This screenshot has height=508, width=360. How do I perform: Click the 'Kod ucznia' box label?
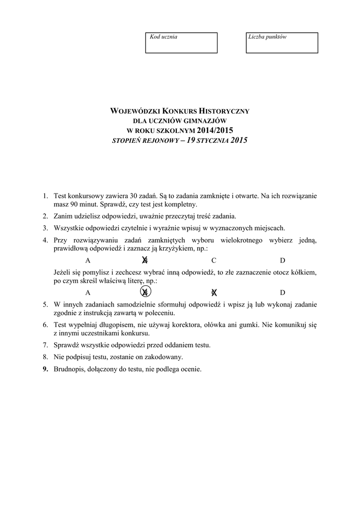[x=163, y=37]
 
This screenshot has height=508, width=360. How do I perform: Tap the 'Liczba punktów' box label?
[x=267, y=37]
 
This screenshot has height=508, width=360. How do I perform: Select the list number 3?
[x=45, y=228]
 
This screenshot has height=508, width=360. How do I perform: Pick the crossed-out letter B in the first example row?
[x=144, y=260]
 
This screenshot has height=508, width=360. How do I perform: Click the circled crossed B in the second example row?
[x=145, y=292]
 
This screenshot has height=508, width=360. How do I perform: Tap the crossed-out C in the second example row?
[x=214, y=292]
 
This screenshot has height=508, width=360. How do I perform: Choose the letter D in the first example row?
[x=282, y=260]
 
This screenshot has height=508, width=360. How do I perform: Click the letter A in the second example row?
[x=88, y=292]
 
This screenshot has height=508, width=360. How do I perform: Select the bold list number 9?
[x=45, y=369]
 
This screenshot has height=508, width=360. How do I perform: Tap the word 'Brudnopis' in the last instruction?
[x=69, y=369]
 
